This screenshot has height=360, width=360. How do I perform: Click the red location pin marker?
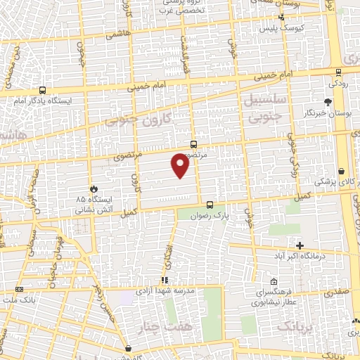(181, 165)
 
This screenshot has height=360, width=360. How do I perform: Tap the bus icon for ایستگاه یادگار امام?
(42, 90)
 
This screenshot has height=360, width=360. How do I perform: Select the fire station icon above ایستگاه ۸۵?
(94, 188)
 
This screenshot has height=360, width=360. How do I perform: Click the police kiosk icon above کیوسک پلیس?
(282, 18)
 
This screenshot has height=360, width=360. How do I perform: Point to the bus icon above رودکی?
(338, 71)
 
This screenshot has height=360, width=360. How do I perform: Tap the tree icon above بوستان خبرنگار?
(328, 102)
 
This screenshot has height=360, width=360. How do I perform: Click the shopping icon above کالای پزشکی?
(342, 171)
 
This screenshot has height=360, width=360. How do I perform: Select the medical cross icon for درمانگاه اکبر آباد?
(300, 245)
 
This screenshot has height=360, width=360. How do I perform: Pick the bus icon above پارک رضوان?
(210, 205)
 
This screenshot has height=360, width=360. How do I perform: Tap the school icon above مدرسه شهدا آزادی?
(165, 280)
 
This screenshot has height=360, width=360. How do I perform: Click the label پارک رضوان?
(210, 216)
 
